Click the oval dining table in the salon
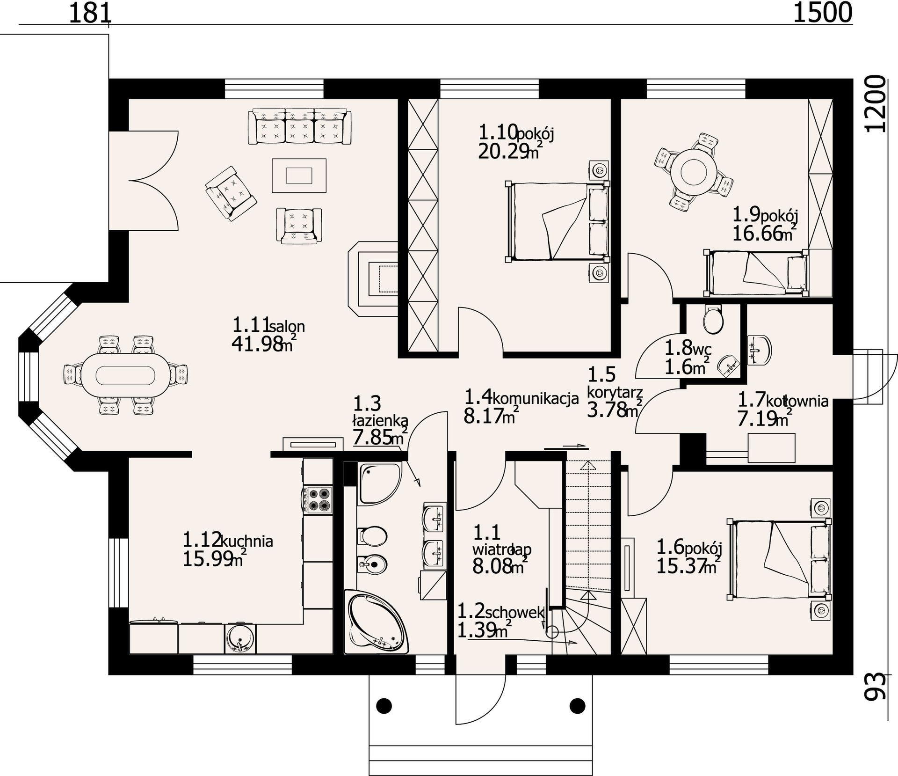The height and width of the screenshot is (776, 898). pos(126,375)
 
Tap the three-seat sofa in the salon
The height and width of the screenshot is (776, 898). pos(300,125)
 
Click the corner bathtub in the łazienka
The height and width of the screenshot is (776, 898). pos(376,622)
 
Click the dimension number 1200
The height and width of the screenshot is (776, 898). pos(875,104)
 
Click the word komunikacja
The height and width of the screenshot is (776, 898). pos(536,399)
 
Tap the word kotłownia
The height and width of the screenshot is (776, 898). pos(797,401)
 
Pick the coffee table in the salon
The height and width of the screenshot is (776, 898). pos(299,176)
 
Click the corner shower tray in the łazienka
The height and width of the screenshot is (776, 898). pos(379,483)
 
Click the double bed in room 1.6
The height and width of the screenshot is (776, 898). pos(779,559)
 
